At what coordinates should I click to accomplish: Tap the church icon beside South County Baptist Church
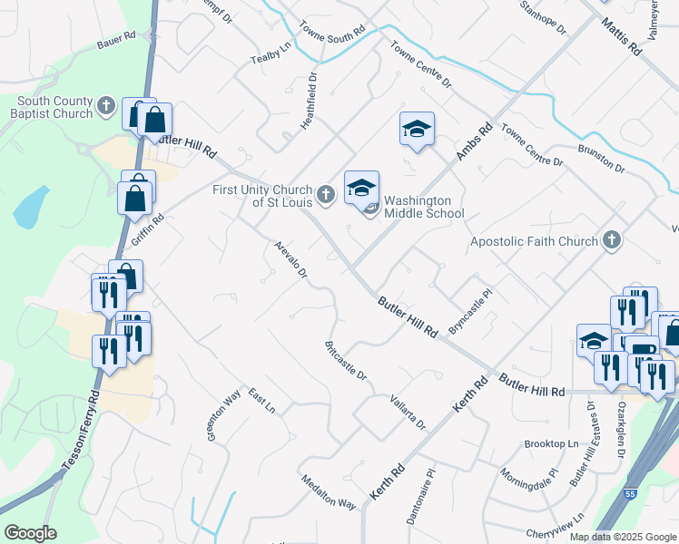click(x=106, y=107)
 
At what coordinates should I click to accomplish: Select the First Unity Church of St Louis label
click(x=263, y=195)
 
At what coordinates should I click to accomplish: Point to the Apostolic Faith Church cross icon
click(x=612, y=241)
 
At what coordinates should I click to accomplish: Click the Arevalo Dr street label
click(x=291, y=260)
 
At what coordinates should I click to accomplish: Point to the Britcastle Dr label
click(x=345, y=360)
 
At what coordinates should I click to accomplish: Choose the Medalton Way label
click(x=329, y=491)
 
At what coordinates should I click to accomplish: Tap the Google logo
click(x=31, y=533)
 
